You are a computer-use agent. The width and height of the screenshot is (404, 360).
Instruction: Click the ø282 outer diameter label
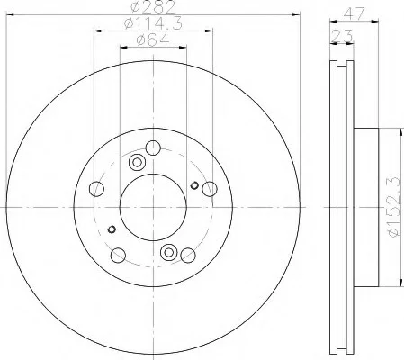point(153,7)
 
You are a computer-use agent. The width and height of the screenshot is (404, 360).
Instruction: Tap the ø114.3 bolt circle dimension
point(153,23)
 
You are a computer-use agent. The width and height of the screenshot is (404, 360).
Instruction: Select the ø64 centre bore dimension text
point(153,40)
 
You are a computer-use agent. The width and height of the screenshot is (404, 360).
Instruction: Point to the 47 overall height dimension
point(355,13)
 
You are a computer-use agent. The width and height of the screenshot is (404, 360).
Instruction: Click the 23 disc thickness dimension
point(342,37)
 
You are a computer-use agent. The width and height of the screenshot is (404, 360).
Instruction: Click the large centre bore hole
point(153,207)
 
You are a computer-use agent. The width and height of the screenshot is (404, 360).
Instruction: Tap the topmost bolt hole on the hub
point(153,148)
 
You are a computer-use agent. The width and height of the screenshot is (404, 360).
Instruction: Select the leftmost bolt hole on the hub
point(96,189)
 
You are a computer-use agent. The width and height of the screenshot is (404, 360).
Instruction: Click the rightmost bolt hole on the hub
point(210,189)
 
